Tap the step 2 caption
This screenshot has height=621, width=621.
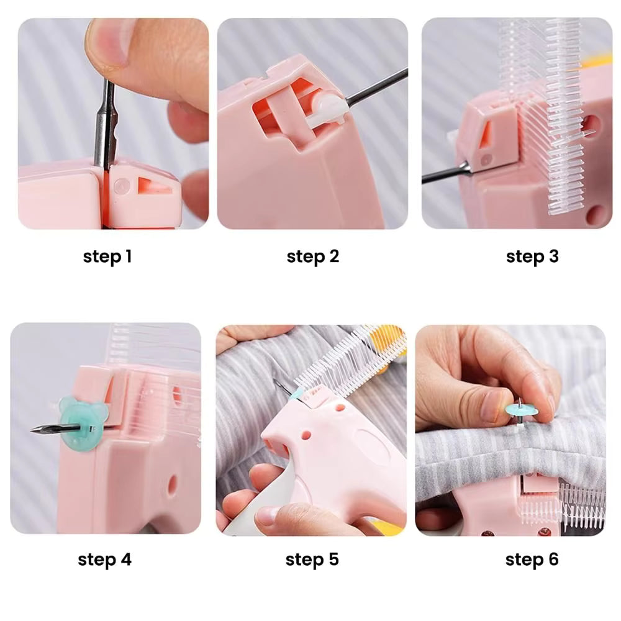(x=313, y=256)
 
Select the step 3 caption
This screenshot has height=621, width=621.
(x=532, y=256)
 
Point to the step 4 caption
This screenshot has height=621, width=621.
(x=104, y=560)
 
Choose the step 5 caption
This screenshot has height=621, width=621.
(x=312, y=560)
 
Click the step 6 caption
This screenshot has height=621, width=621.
(x=532, y=560)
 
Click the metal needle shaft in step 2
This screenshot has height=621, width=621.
(x=376, y=86)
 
